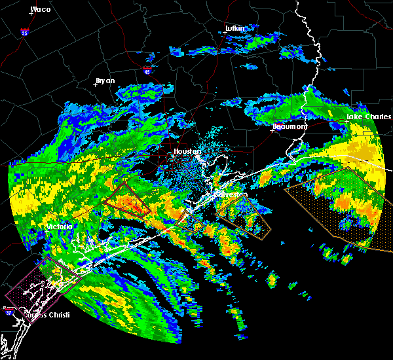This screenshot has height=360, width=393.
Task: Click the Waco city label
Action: point(41,9)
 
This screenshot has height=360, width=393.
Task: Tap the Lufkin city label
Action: point(234,28)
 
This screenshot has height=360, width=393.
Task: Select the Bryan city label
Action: point(105,81)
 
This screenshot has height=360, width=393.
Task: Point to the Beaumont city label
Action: point(290,126)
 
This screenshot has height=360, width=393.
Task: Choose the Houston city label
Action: point(187,151)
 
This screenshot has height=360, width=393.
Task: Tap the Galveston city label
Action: point(233,194)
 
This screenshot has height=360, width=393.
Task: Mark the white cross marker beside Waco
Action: point(31,13)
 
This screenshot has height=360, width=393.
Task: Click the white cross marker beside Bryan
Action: point(96,85)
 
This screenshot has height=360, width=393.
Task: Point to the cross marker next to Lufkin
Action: point(225,32)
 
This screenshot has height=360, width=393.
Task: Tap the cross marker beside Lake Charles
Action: point(348,120)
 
